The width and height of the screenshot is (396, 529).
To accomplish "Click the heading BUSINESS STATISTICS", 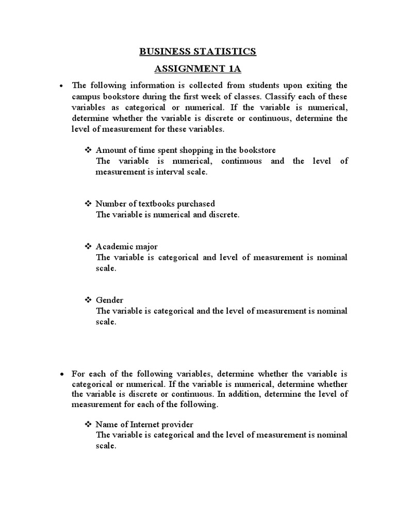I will (x=197, y=52).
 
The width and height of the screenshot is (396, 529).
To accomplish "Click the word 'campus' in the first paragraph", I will (x=86, y=97).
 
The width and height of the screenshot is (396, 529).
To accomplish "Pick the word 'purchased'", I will (x=193, y=204).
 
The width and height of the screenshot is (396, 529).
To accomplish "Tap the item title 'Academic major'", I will (x=127, y=246).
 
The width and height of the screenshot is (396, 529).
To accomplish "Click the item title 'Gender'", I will (x=110, y=300).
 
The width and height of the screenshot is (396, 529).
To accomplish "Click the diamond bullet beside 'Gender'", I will (x=88, y=300).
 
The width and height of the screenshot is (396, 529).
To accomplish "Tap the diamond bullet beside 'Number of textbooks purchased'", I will (x=88, y=204).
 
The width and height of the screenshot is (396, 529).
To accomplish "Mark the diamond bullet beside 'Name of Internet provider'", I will (x=88, y=424).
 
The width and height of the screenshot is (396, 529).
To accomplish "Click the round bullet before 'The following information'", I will (x=61, y=86).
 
